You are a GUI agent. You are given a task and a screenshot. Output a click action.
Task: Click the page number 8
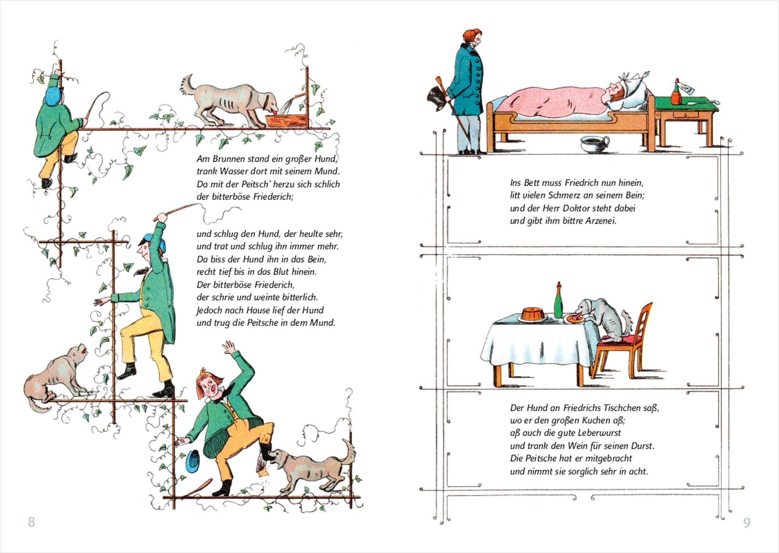[x=31, y=522]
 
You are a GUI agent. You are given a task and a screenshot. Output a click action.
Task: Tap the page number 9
[x=747, y=522]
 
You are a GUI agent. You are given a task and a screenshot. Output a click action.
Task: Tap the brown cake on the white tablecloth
[x=533, y=314]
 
